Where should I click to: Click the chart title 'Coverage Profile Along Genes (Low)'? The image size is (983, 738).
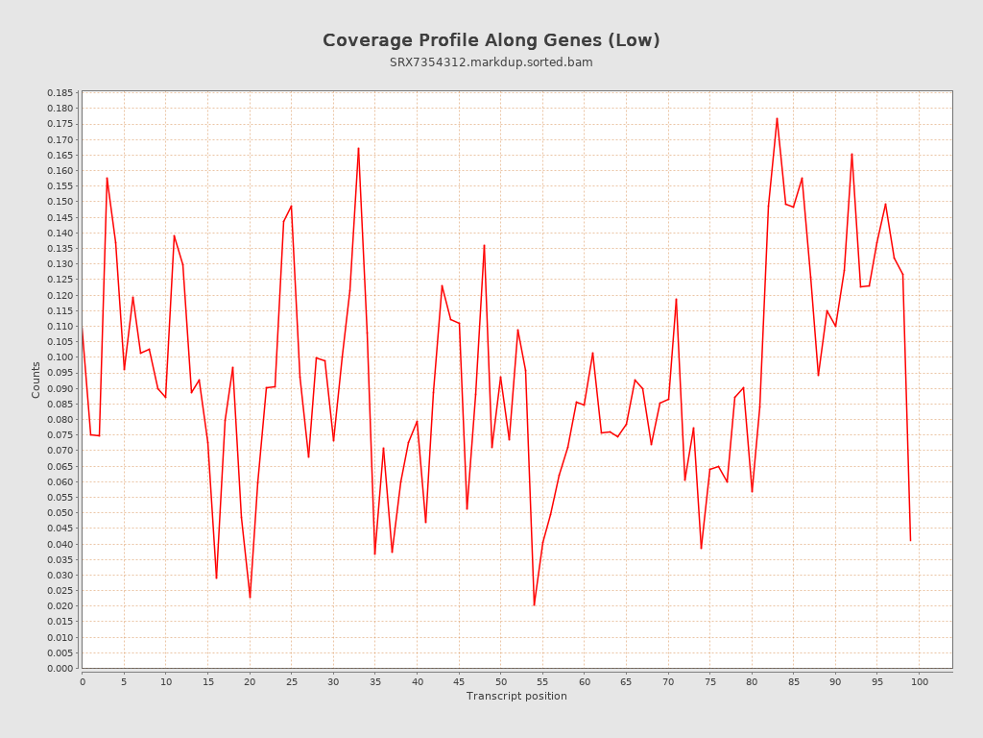tap(491, 40)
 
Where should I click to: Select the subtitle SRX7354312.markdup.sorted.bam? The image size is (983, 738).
tap(491, 62)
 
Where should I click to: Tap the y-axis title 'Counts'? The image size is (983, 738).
tap(36, 380)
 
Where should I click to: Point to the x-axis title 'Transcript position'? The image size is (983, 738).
tap(516, 696)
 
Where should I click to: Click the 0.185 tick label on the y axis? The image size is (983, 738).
tap(60, 93)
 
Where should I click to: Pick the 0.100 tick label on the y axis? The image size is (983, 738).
tap(60, 357)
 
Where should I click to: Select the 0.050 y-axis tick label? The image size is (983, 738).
tap(60, 513)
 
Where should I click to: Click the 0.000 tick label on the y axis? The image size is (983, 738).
tap(60, 668)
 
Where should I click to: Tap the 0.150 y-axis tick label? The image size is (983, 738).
tap(60, 202)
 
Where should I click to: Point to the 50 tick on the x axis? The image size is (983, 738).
tap(501, 681)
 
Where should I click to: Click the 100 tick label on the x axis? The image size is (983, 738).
tap(920, 681)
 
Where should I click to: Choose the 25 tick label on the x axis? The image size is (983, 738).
tap(291, 681)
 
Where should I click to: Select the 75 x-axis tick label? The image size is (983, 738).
tap(710, 681)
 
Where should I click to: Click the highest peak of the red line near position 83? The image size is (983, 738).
tap(777, 118)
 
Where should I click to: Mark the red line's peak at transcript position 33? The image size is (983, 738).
tap(358, 148)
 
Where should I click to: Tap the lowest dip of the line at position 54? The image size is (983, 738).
tap(534, 604)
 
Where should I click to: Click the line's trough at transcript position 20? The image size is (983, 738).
tap(250, 598)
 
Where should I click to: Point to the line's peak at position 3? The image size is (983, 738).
tap(107, 178)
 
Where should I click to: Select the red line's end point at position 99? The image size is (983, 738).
tap(910, 540)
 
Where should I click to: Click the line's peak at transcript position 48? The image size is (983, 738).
tap(484, 245)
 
